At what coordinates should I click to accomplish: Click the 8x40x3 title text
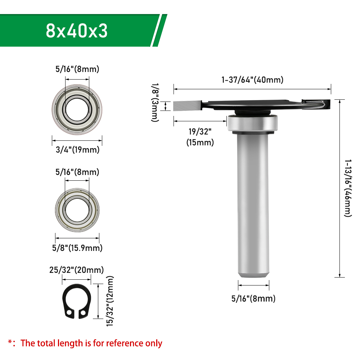(x=77, y=31)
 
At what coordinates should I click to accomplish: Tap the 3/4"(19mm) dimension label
(x=78, y=150)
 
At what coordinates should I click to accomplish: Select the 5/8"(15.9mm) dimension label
(x=77, y=248)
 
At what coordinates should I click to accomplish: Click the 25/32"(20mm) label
(x=76, y=270)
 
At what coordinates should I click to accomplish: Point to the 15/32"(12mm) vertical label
(x=110, y=301)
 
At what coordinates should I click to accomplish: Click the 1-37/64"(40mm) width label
(x=252, y=80)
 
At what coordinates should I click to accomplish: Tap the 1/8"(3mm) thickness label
(x=155, y=102)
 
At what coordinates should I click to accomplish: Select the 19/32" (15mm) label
(x=200, y=137)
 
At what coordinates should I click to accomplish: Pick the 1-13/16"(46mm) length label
(x=348, y=188)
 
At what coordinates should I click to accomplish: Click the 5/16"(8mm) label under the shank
(x=253, y=299)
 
